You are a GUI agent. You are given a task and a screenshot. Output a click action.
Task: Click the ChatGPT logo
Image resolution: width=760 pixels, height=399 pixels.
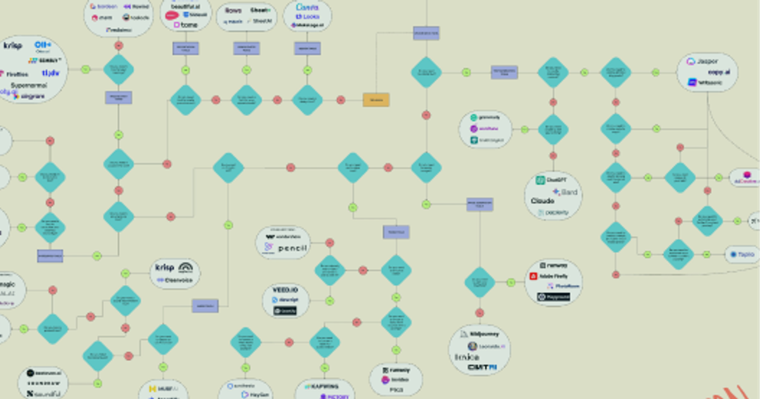(550, 180)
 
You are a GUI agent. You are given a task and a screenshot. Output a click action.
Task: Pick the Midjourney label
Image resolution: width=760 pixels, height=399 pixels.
(481, 334)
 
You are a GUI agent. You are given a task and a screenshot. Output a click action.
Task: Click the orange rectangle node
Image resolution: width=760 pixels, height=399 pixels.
(376, 99)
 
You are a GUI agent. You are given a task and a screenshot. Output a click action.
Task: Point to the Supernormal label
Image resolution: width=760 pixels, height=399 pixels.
(31, 85)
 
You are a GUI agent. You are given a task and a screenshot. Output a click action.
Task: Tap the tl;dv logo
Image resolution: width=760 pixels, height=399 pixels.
(50, 73)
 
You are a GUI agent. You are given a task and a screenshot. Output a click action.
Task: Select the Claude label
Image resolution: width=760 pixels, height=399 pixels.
(543, 201)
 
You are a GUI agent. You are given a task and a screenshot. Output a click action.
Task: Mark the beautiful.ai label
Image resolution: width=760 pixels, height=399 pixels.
(185, 5)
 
